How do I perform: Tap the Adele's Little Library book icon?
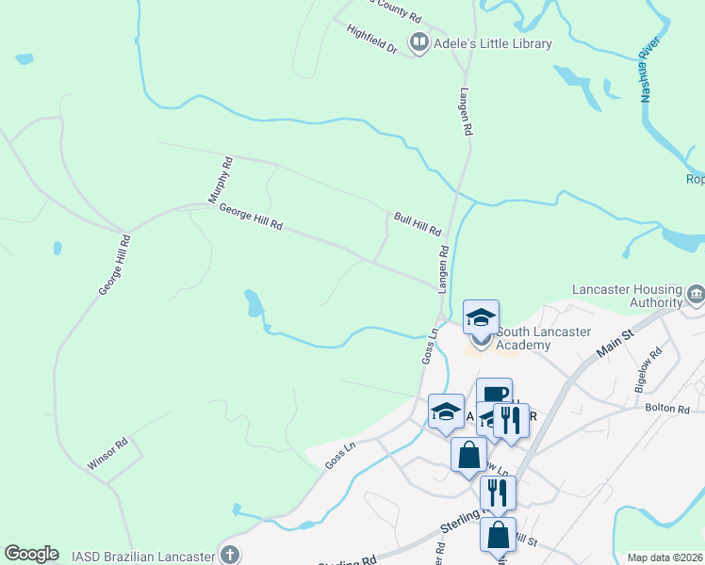[x=418, y=42]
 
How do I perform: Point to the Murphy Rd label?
[x=219, y=180]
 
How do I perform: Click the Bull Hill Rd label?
[x=418, y=223]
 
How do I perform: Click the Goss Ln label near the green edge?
[x=338, y=459]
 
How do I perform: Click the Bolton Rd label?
[x=667, y=409]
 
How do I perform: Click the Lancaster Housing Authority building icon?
[x=696, y=295]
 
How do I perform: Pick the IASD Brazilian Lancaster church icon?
[x=229, y=554]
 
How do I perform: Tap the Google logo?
[x=31, y=554]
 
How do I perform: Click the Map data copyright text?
[x=665, y=557]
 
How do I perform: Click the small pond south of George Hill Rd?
[x=254, y=303]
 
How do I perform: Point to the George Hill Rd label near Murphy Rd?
[x=251, y=218]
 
